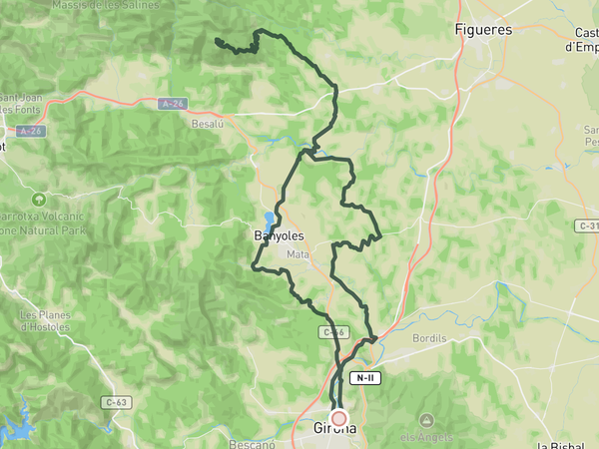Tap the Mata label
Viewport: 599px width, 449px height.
pyautogui.click(x=298, y=254)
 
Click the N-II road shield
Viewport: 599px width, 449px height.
pyautogui.click(x=366, y=378)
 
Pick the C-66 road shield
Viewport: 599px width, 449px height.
pyautogui.click(x=333, y=331)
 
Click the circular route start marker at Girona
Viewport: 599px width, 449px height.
pyautogui.click(x=339, y=419)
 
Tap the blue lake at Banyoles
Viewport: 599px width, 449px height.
pyautogui.click(x=269, y=220)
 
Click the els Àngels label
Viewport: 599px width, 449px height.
pyautogui.click(x=427, y=437)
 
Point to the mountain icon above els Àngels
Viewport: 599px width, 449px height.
pyautogui.click(x=427, y=420)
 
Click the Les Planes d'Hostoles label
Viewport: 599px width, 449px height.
pyautogui.click(x=45, y=320)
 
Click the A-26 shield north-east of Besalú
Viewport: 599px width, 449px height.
pyautogui.click(x=173, y=103)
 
